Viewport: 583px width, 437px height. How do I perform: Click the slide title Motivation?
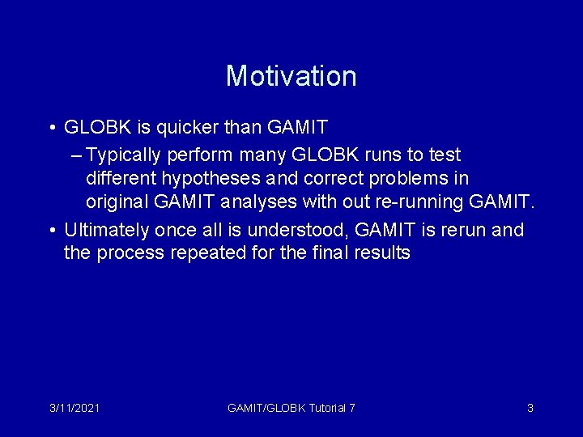[291, 76]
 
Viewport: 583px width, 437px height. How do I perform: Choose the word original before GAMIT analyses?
[117, 200]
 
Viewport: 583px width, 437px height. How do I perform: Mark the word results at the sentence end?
[383, 253]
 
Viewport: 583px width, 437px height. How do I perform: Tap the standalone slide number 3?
[530, 408]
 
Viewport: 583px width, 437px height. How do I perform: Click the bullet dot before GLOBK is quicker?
[51, 128]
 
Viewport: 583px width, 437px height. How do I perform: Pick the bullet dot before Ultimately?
[51, 231]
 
